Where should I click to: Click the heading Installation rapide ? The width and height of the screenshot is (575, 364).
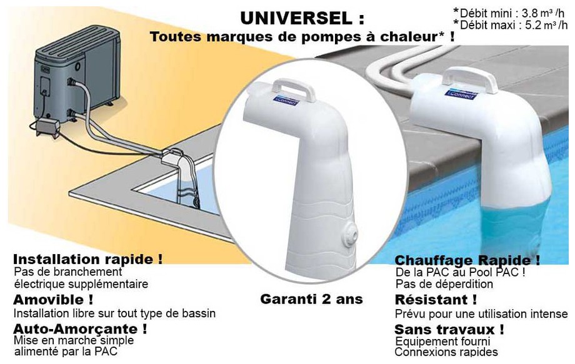click(87, 258)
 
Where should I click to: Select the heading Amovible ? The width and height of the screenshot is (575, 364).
click(53, 299)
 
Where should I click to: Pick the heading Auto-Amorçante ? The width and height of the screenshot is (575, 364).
click(80, 328)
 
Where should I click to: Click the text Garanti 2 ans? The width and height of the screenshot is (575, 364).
click(311, 299)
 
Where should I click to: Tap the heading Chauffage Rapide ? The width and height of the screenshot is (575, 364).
click(467, 260)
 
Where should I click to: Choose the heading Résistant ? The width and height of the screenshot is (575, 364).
click(436, 300)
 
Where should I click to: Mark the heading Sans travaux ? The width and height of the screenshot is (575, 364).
click(449, 329)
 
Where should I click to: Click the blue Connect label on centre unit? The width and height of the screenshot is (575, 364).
click(286, 100)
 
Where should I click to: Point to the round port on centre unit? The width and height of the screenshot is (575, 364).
click(352, 237)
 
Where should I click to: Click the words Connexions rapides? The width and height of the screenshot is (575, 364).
click(446, 353)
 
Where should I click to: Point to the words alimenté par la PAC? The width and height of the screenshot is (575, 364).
click(65, 352)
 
